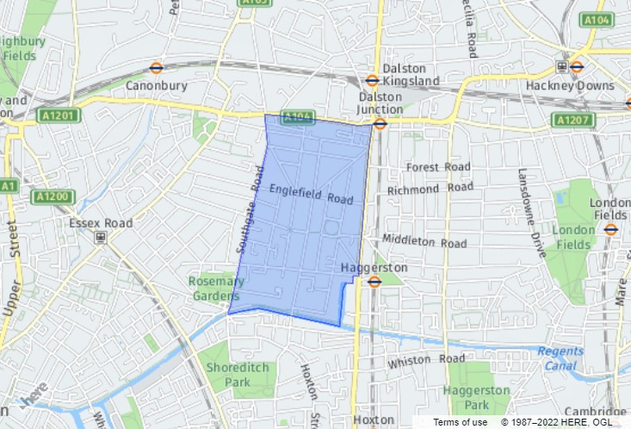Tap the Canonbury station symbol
coord(157,67)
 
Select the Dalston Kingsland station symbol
coord(372,80)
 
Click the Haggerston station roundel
coord(374,281)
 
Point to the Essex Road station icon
coord(101,237)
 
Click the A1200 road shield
coord(52,196)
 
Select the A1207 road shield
coord(572,119)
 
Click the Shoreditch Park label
coord(226,375)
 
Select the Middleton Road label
coord(425,241)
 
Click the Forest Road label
coord(438,167)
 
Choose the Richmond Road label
coord(430,189)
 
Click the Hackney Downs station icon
coord(561,67)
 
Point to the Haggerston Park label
coord(476,397)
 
